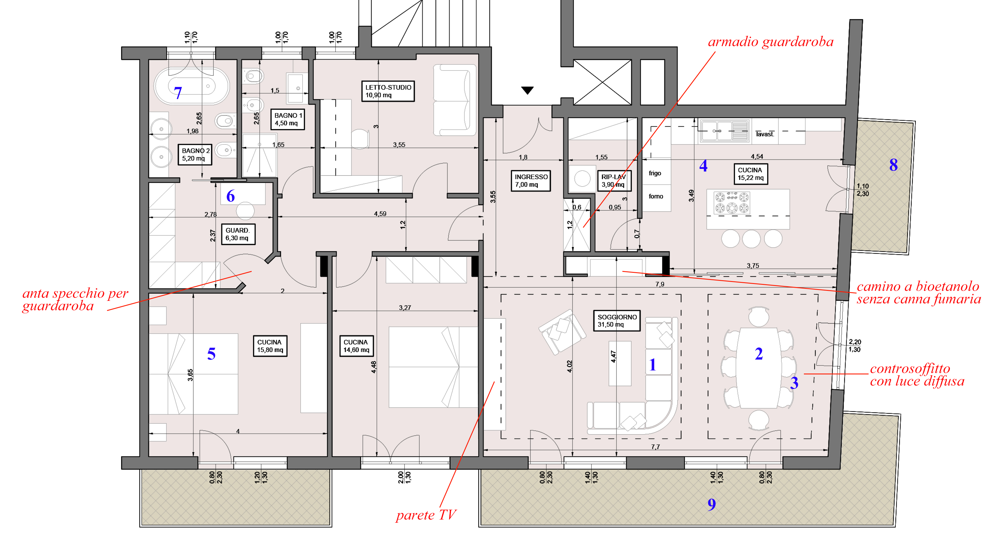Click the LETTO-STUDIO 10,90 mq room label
pos(388,91)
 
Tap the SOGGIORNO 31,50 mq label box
pos(617,320)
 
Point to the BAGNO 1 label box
pos(287,119)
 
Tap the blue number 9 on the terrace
pos(711,504)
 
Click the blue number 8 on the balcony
pos(893,165)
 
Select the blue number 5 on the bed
pos(211,354)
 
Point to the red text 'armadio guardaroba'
pos(771,42)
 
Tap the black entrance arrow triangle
pos(527,90)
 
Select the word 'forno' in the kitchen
pos(656,196)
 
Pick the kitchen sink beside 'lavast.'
pos(724,130)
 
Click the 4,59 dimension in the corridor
pos(380,214)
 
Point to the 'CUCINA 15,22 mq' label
pos(750,174)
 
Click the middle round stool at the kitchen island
pos(751,239)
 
